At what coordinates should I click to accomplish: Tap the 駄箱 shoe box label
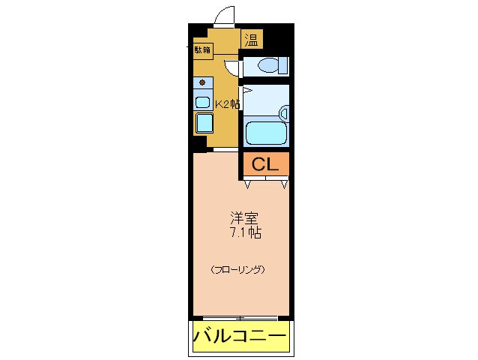click(x=202, y=50)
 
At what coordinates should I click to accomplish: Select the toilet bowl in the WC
click(x=267, y=67)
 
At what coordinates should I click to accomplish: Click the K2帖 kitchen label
click(x=227, y=104)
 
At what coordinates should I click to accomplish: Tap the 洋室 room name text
click(x=245, y=219)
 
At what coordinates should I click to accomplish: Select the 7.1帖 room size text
click(x=245, y=232)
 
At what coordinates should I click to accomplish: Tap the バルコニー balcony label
click(x=240, y=336)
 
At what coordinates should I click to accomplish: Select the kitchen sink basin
click(x=203, y=101)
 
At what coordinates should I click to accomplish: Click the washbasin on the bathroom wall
click(x=284, y=114)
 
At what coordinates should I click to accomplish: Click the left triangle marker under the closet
click(x=248, y=183)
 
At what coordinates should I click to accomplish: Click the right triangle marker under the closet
click(x=284, y=183)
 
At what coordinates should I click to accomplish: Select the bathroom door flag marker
click(x=244, y=90)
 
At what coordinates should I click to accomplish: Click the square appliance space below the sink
click(x=204, y=121)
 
